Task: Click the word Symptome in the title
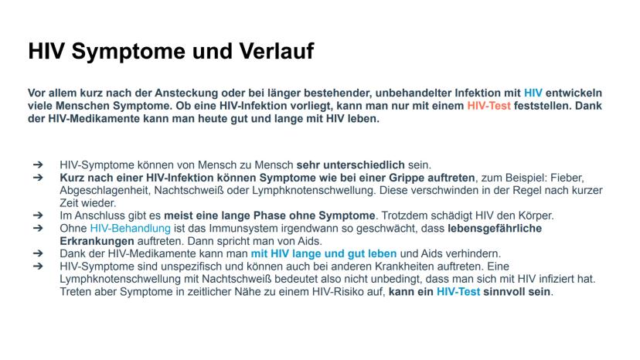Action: coord(128,53)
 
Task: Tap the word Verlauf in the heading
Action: coord(276,51)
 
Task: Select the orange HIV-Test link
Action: coord(489,106)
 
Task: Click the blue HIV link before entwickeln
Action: coord(533,93)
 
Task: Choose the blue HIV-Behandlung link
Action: coord(130,229)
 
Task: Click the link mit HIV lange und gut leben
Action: coord(324,254)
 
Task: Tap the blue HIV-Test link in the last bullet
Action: coord(458,292)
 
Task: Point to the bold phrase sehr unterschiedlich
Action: coord(351,165)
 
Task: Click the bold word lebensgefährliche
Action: coord(495,229)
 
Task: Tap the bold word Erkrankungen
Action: coord(97,241)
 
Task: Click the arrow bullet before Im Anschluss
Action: coord(38,215)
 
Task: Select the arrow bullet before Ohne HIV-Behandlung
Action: coord(38,228)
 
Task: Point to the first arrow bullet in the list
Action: coord(38,165)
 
